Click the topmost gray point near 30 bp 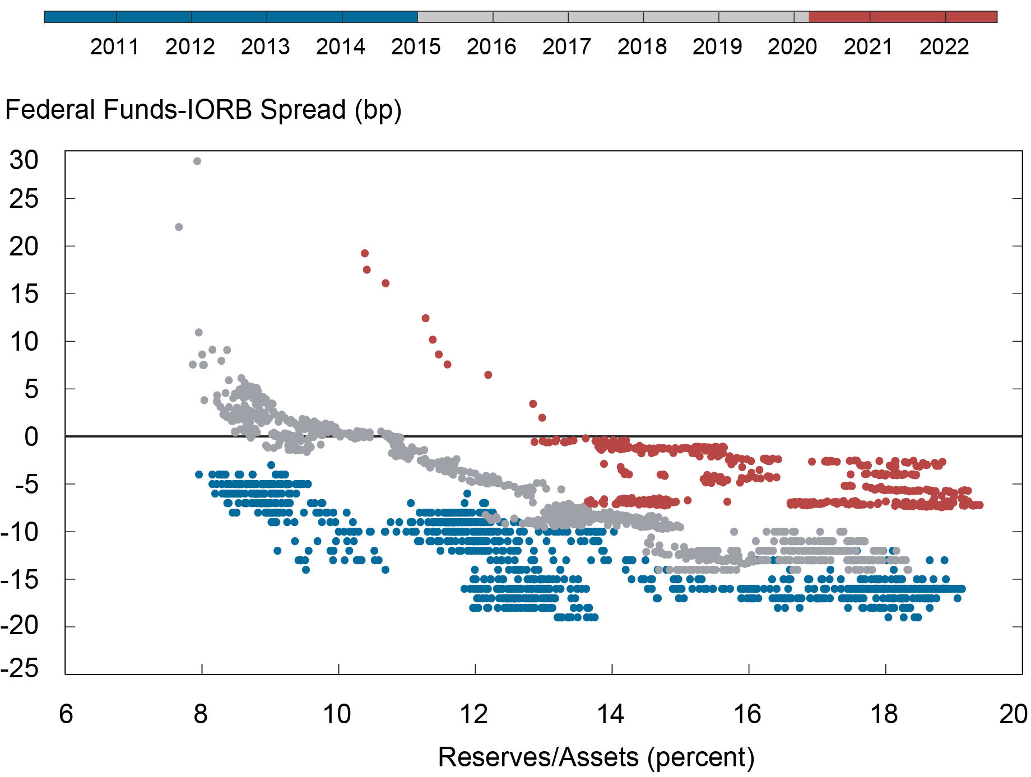coord(197,161)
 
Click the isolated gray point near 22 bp coord(179,227)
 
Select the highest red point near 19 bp coord(365,253)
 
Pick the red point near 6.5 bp coord(488,375)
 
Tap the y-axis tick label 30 coord(24,161)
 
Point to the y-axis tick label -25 coord(20,668)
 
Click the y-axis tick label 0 coord(31,437)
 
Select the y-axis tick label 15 coord(24,294)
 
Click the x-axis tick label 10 coord(337,714)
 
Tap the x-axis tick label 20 coord(1013,714)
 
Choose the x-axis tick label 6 coord(66,714)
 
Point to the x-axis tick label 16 coord(747,714)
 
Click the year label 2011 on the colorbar coord(114,46)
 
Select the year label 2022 coord(944,46)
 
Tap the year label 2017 coord(566,46)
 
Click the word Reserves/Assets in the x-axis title coord(538,757)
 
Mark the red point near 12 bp coord(425,318)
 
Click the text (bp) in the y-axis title coord(378,110)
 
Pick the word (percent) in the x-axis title coord(700,757)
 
